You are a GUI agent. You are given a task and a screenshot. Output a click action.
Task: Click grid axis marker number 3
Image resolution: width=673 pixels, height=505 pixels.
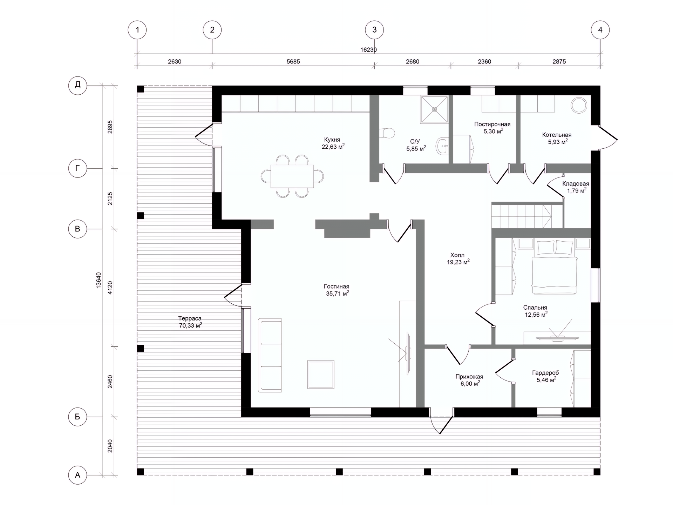click(374, 30)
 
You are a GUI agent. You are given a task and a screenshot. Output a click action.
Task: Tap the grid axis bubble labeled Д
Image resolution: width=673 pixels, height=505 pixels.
click(77, 85)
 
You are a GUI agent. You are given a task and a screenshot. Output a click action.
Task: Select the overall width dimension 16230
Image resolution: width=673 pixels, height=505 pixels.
click(368, 50)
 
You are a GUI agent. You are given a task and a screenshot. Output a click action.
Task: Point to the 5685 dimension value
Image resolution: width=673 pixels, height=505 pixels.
click(293, 62)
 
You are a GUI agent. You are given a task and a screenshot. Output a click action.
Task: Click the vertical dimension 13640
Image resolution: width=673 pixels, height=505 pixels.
click(98, 280)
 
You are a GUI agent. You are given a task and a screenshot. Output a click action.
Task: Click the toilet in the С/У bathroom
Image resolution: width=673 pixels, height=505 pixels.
click(387, 133)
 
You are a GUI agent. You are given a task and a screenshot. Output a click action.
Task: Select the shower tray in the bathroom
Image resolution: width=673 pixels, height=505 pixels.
click(435, 109)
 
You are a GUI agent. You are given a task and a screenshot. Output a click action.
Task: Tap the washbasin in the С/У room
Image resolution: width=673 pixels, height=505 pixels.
click(442, 146)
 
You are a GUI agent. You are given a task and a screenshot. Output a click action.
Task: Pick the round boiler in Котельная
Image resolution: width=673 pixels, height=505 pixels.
click(579, 105)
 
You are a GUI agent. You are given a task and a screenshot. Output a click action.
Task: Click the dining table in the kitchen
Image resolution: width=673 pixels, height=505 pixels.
click(292, 176)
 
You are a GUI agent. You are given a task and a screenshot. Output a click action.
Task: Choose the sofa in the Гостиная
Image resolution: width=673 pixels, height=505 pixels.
click(270, 355)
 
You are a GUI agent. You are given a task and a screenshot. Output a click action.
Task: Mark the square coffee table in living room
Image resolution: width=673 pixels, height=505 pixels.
click(321, 374)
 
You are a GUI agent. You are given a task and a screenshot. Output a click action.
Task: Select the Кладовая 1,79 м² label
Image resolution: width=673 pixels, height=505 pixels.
click(576, 187)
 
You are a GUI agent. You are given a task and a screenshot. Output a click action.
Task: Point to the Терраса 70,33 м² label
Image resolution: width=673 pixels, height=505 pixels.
click(190, 322)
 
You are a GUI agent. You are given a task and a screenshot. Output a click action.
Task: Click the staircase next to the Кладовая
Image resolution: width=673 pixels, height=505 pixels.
click(522, 216)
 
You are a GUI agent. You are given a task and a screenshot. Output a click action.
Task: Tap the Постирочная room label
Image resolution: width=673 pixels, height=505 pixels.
click(492, 128)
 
